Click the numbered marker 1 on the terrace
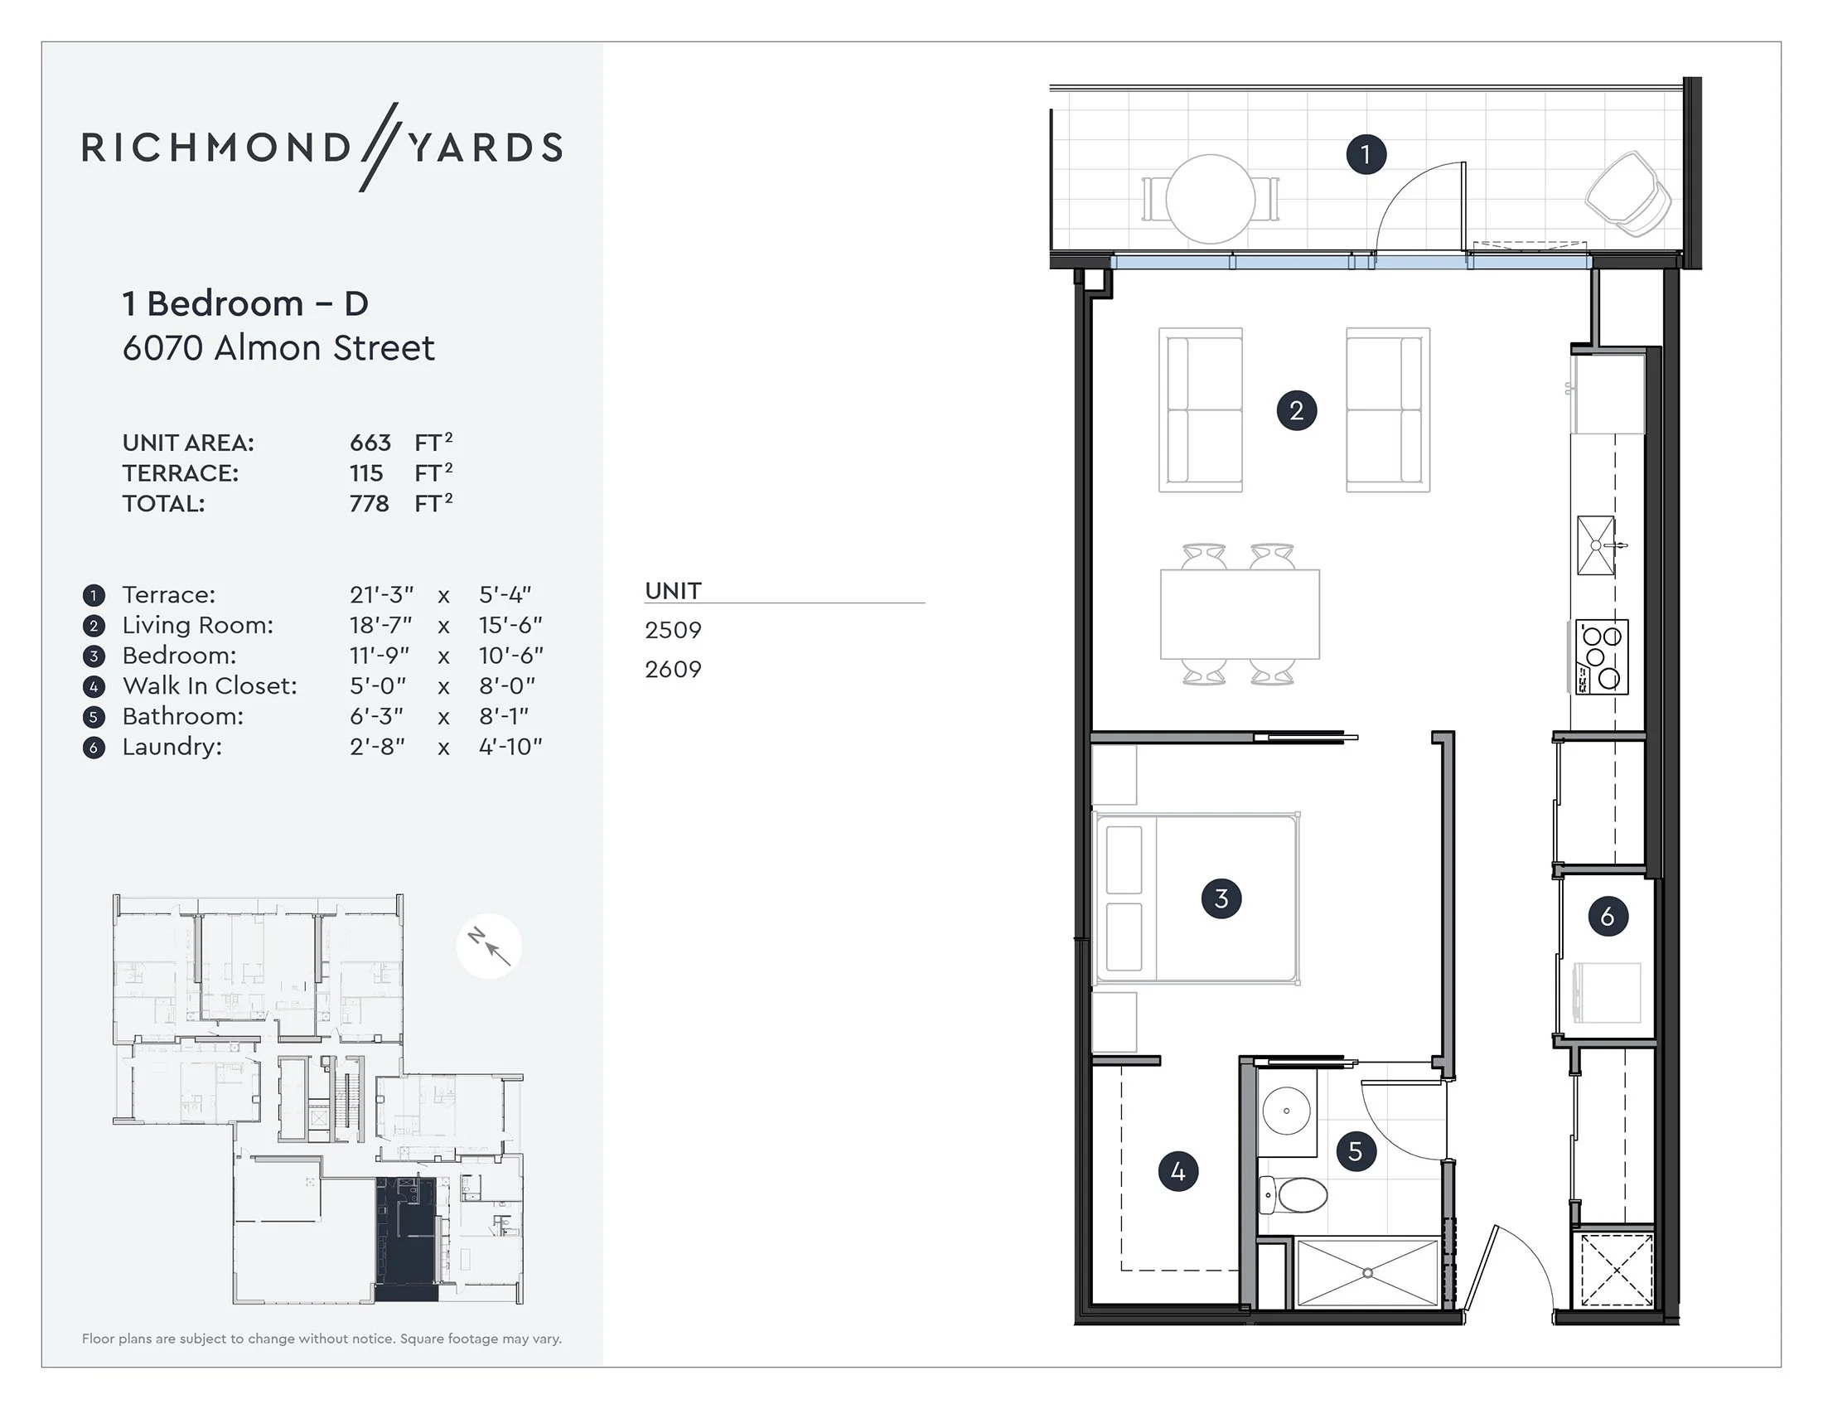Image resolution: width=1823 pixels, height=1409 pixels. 1366,154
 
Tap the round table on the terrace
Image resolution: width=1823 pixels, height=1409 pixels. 1210,200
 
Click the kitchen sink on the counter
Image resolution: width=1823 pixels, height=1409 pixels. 1596,545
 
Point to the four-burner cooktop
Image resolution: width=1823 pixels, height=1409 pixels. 1602,657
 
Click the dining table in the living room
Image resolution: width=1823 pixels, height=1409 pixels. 1240,614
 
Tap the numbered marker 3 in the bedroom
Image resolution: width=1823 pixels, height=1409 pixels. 1221,899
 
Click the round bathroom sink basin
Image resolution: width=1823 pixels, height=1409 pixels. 1286,1111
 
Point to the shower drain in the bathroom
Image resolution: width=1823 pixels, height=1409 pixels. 1367,1273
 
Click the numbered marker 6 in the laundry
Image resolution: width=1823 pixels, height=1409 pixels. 1608,917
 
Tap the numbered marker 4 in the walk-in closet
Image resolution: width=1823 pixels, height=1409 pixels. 1177,1171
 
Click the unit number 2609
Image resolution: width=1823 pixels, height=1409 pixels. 673,670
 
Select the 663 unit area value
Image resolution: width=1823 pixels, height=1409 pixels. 370,443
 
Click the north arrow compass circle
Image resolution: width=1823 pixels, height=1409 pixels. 489,947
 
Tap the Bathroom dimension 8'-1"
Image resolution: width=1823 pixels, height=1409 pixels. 503,716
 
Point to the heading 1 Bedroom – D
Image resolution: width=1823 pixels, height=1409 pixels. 245,304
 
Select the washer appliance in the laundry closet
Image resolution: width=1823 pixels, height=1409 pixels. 1606,992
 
